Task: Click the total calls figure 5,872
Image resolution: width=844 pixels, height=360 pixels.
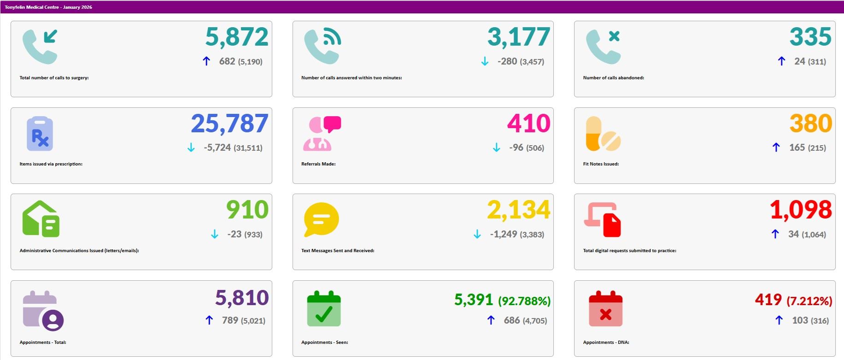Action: click(x=236, y=37)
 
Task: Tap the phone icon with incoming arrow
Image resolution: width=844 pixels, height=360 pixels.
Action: click(x=40, y=47)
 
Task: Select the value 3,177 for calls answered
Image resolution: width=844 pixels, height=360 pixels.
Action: click(x=518, y=37)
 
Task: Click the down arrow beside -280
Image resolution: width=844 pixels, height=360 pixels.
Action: click(x=485, y=61)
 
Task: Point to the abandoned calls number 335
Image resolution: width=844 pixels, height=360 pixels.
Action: click(x=810, y=37)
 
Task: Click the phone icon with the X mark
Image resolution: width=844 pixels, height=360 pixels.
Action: click(x=603, y=47)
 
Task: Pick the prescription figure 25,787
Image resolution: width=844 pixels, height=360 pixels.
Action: click(x=229, y=124)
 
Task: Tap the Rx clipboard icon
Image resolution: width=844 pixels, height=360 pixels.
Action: click(x=40, y=134)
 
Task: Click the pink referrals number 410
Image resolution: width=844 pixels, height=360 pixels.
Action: click(x=528, y=124)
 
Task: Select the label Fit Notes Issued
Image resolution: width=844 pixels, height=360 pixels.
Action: click(x=601, y=164)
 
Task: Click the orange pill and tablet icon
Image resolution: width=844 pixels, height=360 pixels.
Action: click(x=603, y=134)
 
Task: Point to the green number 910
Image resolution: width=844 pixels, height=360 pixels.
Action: click(x=247, y=210)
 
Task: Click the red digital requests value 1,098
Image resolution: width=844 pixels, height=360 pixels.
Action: click(x=801, y=210)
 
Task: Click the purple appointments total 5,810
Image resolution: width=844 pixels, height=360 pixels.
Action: click(x=242, y=298)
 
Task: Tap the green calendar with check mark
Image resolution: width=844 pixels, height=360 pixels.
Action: click(x=323, y=309)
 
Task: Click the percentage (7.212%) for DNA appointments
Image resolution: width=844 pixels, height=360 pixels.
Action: click(x=809, y=301)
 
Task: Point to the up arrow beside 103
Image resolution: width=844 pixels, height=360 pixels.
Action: click(x=779, y=320)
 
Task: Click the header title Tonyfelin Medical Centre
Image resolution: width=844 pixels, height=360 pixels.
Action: click(x=48, y=7)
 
